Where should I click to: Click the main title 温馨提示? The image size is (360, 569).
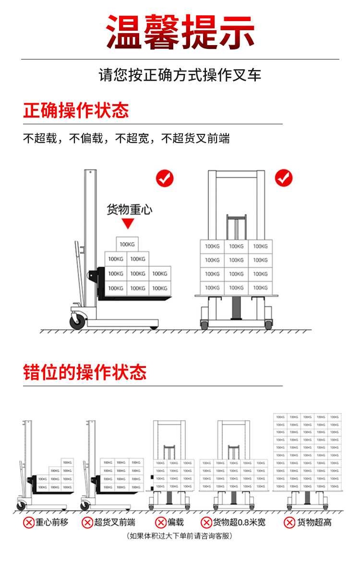pyautogui.click(x=180, y=32)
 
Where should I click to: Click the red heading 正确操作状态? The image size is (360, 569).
pyautogui.click(x=76, y=110)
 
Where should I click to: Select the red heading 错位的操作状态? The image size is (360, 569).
pyautogui.click(x=85, y=372)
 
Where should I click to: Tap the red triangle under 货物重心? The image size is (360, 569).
pyautogui.click(x=127, y=224)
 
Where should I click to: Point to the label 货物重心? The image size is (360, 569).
pyautogui.click(x=129, y=210)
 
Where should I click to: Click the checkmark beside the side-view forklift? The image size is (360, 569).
pyautogui.click(x=165, y=178)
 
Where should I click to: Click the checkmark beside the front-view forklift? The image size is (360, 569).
pyautogui.click(x=283, y=178)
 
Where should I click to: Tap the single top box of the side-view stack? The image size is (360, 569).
pyautogui.click(x=127, y=245)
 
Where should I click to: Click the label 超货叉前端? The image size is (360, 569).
pyautogui.click(x=115, y=522)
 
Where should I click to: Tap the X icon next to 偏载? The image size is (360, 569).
pyautogui.click(x=161, y=522)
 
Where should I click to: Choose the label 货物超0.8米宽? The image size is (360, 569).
pyautogui.click(x=239, y=522)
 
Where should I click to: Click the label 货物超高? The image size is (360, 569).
pyautogui.click(x=314, y=522)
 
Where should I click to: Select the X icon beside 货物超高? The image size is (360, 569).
pyautogui.click(x=289, y=522)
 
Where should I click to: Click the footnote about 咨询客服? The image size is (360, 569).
pyautogui.click(x=180, y=535)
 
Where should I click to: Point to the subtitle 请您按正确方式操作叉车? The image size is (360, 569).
pyautogui.click(x=180, y=75)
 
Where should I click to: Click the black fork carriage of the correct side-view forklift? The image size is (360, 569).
pyautogui.click(x=101, y=281)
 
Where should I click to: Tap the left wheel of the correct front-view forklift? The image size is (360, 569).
pyautogui.click(x=204, y=325)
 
